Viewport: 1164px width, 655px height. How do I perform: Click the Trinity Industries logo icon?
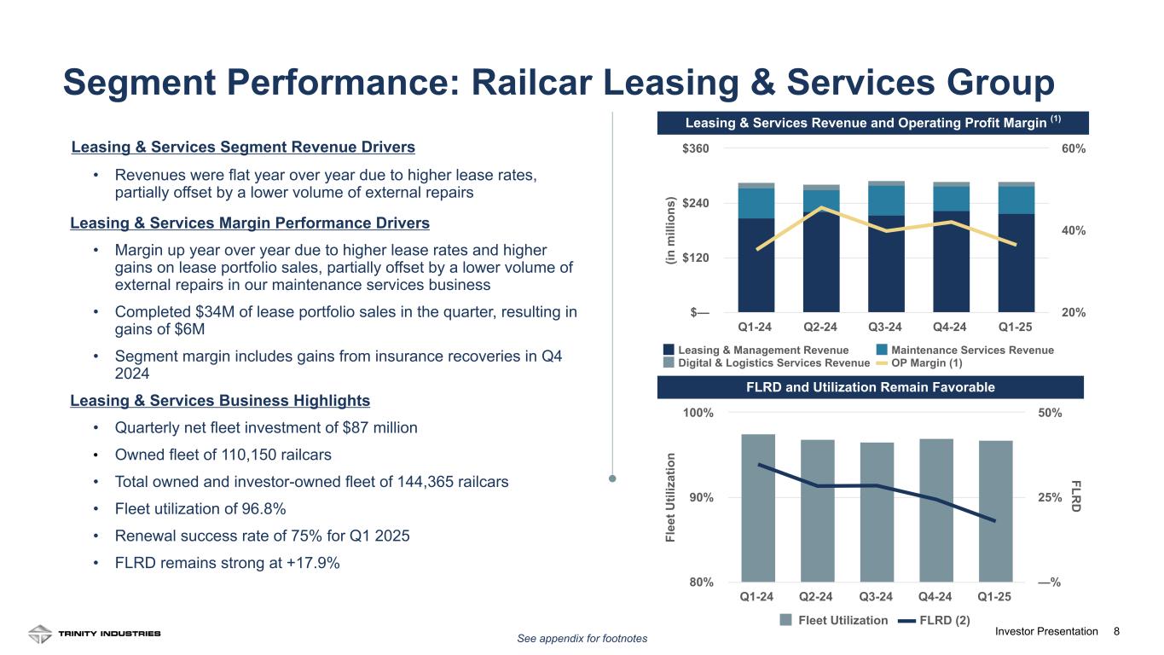point(39,634)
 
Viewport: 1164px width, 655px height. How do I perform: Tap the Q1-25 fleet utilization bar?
point(995,510)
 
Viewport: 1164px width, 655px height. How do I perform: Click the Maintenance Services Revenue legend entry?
point(966,351)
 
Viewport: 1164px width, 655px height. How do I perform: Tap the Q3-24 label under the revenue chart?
point(885,326)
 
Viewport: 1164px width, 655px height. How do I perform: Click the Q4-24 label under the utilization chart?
point(936,596)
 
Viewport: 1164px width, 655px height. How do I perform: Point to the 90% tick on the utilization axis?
point(701,497)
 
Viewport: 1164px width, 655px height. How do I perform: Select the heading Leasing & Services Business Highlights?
point(220,400)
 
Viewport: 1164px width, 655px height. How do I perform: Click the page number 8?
point(1117,631)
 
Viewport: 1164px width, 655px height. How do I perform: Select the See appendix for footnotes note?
point(582,638)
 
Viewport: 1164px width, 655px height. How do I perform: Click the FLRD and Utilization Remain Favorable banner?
point(870,387)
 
